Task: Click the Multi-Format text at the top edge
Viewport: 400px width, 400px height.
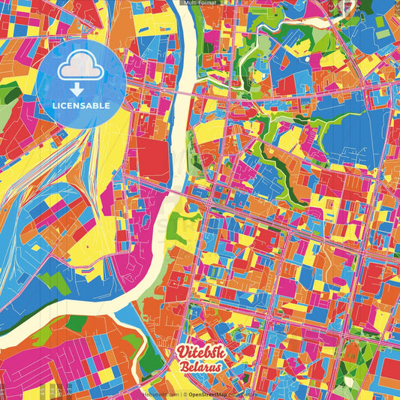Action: pos(200,3)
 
